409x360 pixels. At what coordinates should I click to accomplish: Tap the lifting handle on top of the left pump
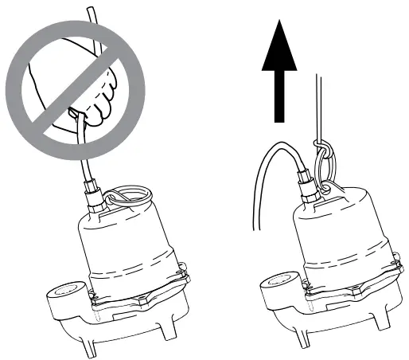click(128, 195)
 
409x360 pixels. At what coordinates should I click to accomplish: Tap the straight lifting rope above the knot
click(320, 104)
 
